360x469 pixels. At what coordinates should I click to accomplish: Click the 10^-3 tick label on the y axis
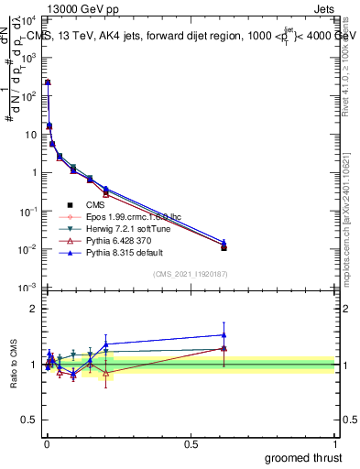[x=28, y=288]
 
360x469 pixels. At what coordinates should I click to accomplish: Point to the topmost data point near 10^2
[x=48, y=82]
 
